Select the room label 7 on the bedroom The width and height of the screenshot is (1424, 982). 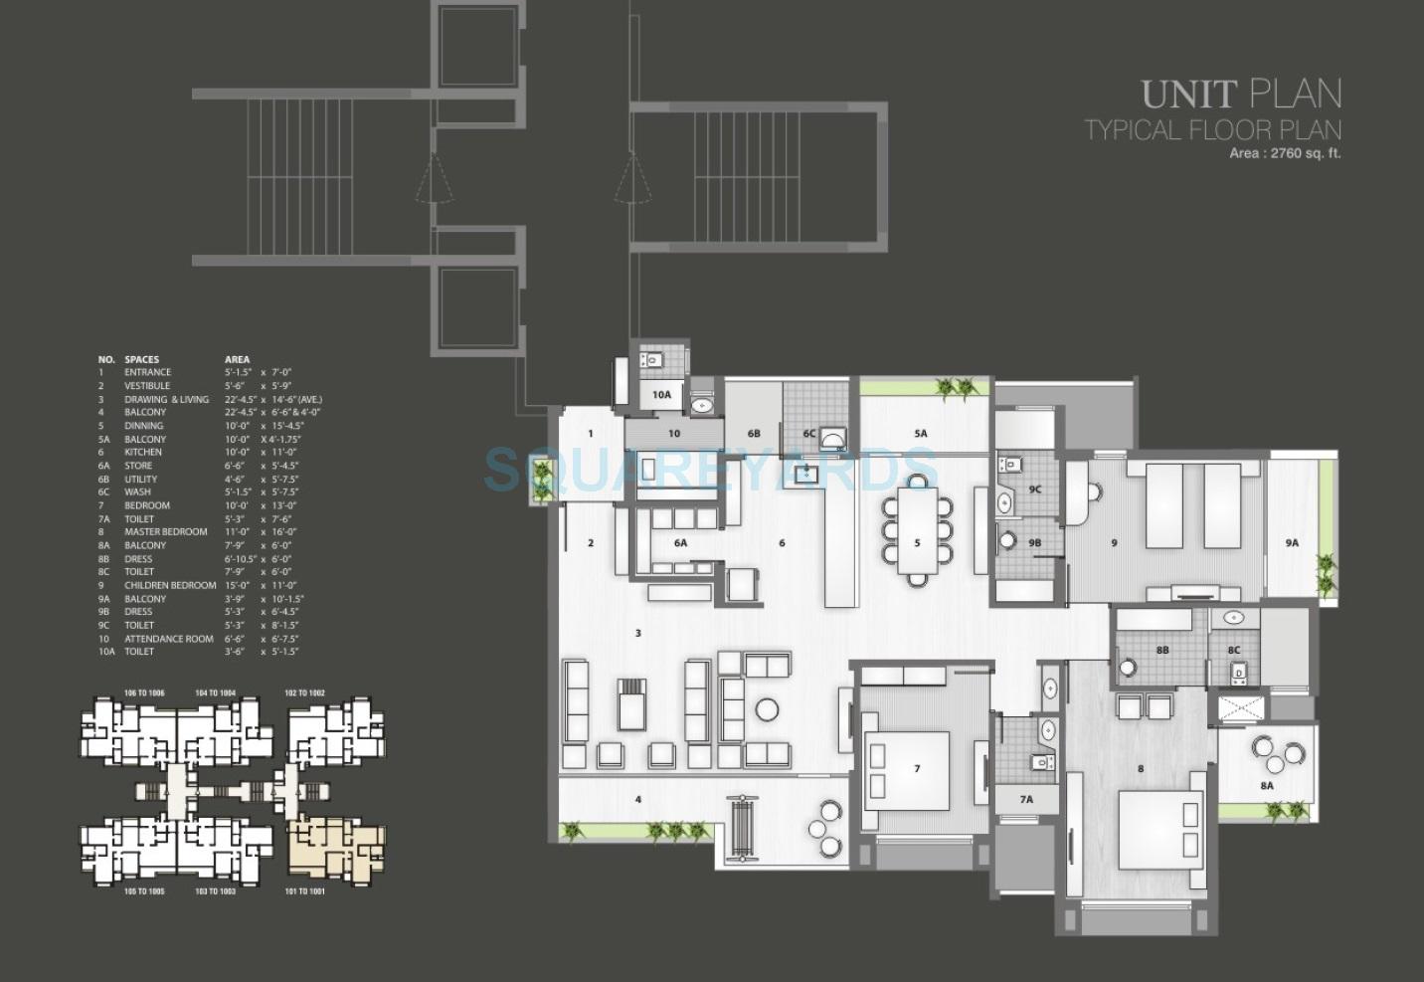(x=917, y=768)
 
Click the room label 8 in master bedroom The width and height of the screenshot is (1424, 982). (x=1140, y=768)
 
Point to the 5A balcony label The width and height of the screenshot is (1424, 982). (x=920, y=434)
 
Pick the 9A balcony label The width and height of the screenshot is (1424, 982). (x=1291, y=543)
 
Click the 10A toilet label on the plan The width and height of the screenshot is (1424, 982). (x=661, y=395)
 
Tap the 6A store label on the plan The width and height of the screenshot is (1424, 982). (x=680, y=543)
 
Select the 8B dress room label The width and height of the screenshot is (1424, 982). (x=1161, y=650)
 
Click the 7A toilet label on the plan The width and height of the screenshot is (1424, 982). (x=1025, y=799)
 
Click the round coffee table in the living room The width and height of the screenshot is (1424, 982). (x=767, y=709)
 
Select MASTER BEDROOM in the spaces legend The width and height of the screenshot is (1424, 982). (x=165, y=532)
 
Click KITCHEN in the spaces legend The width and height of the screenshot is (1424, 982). (x=142, y=452)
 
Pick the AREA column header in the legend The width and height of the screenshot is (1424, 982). (x=237, y=359)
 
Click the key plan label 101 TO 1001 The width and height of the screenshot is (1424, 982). (x=304, y=891)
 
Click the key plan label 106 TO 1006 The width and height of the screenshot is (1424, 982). (x=143, y=692)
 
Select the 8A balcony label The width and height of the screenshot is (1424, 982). (x=1267, y=786)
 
